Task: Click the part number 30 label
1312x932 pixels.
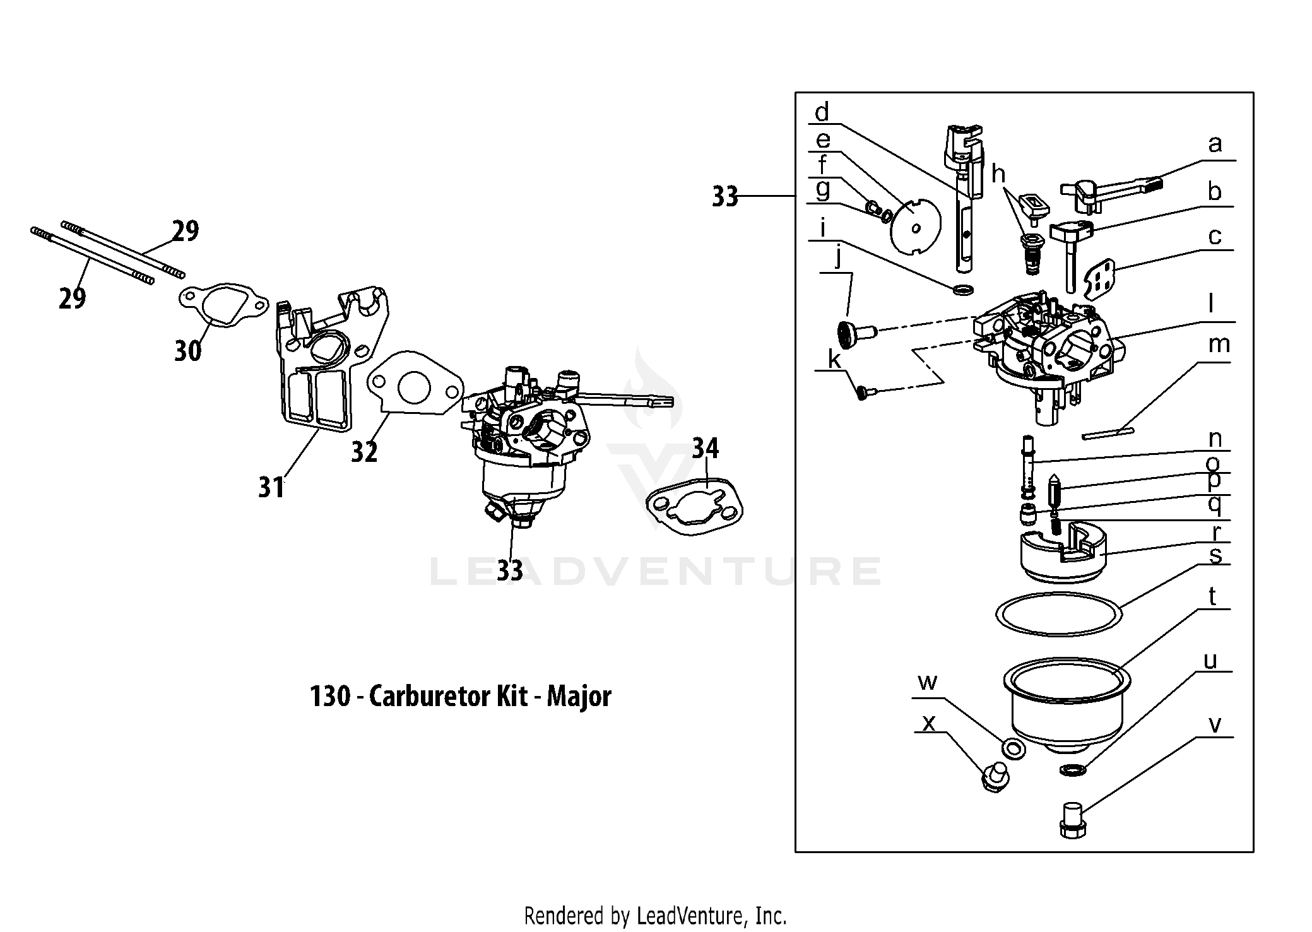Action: (x=187, y=350)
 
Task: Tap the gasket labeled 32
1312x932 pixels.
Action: (x=417, y=386)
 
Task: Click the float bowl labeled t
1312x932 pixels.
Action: (x=1066, y=707)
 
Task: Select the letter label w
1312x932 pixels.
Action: (x=927, y=683)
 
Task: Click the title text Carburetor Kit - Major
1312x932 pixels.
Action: (x=460, y=697)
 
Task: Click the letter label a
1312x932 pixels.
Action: (x=1214, y=145)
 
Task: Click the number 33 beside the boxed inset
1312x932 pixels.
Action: (x=724, y=197)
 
